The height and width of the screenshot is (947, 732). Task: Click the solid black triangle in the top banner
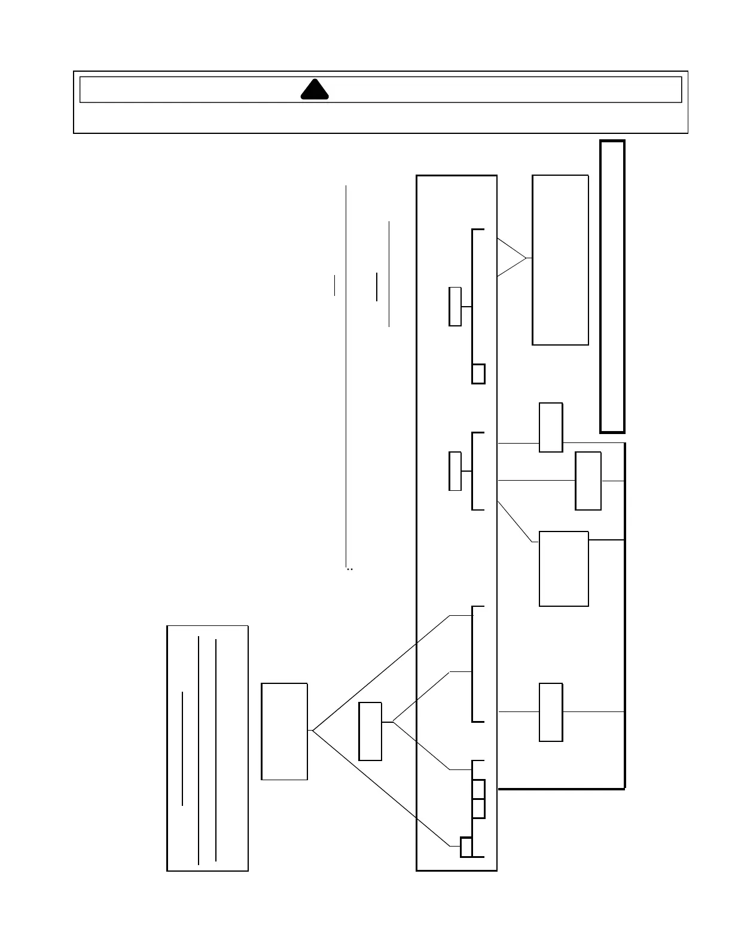315,90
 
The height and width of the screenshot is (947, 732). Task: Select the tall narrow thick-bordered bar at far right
612,286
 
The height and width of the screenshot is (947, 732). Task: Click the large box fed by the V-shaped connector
560,260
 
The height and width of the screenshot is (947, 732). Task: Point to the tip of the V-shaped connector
526,258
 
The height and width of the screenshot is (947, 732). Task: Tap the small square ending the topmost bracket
478,374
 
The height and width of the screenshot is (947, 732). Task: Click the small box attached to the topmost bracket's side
455,307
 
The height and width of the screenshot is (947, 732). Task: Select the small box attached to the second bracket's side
455,471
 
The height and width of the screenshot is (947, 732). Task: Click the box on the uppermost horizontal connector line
551,427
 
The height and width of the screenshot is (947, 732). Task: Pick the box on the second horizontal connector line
588,481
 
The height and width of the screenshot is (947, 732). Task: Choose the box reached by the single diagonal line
563,569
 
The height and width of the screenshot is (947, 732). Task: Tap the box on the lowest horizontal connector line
551,712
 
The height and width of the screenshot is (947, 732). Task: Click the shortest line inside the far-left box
182,749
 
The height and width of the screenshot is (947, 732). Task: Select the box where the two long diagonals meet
285,731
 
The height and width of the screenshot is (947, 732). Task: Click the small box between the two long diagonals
370,731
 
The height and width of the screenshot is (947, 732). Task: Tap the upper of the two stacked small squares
478,789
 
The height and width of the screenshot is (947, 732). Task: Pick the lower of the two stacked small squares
478,808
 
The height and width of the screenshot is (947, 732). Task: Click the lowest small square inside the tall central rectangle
466,848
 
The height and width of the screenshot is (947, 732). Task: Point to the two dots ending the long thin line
350,570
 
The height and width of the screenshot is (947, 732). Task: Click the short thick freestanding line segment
377,287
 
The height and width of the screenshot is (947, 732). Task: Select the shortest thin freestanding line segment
335,285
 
